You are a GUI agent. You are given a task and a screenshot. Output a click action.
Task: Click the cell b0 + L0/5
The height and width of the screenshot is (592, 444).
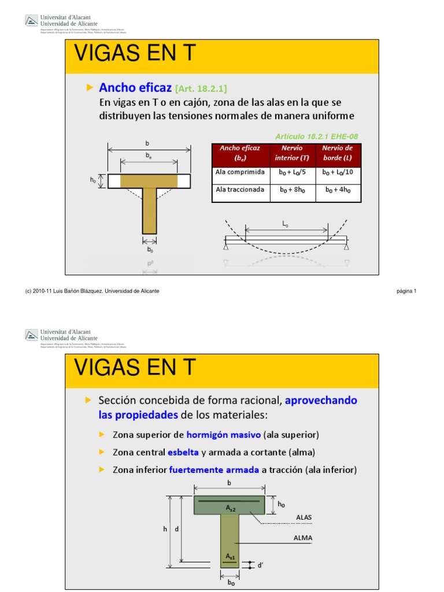[293, 172]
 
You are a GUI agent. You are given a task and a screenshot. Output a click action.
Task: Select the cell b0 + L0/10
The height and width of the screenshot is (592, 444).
[338, 172]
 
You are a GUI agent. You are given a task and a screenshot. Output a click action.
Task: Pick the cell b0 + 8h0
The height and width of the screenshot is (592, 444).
[293, 189]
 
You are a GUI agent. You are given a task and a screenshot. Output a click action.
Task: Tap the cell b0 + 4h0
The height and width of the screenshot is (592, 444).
[338, 189]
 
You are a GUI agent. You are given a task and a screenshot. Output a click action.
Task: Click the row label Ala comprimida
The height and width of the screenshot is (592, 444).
[240, 172]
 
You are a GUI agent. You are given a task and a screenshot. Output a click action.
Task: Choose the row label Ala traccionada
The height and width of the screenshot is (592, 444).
[240, 189]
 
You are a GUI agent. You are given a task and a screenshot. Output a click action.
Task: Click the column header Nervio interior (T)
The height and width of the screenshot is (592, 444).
[293, 153]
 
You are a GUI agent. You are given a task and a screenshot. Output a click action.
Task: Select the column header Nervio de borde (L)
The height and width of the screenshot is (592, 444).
[338, 153]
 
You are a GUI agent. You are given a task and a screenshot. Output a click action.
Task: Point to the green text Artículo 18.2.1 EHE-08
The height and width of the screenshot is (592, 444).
[316, 136]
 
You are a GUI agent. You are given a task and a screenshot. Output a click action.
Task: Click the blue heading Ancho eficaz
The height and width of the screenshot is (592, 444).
[135, 87]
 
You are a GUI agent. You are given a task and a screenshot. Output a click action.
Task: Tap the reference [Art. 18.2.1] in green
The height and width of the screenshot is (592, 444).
[201, 88]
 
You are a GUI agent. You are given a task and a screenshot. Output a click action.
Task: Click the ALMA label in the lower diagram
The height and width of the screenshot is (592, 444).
[304, 538]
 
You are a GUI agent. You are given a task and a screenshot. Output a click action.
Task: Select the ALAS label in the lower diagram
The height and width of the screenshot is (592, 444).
[304, 517]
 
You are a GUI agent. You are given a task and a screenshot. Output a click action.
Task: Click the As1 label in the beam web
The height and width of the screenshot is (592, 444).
[230, 556]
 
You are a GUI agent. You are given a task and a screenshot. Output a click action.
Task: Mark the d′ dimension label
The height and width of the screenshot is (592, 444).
[261, 565]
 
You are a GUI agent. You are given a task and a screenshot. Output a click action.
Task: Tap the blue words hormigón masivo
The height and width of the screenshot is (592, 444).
[224, 435]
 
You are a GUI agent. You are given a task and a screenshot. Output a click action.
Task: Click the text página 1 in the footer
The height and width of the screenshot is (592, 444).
[406, 291]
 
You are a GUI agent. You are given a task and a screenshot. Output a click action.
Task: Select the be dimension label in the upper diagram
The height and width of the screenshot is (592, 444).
[149, 156]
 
